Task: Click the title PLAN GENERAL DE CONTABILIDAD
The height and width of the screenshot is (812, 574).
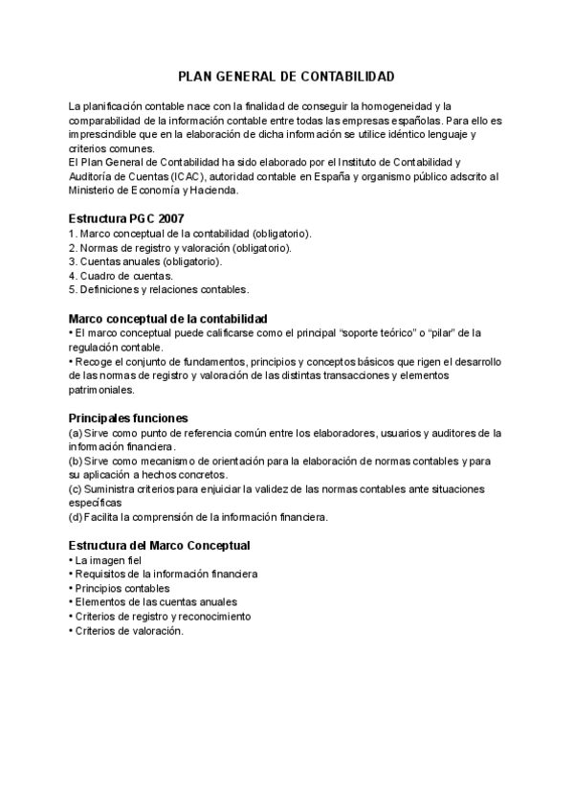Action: click(286, 76)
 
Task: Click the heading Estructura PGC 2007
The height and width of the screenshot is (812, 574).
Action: click(126, 218)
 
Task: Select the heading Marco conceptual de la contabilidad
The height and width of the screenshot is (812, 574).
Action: click(167, 318)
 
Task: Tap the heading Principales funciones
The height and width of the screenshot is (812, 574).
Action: click(128, 417)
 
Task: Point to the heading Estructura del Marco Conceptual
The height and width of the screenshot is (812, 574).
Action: click(160, 545)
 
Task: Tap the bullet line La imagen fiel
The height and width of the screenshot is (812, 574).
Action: click(107, 559)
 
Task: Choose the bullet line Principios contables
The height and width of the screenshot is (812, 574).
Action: click(121, 588)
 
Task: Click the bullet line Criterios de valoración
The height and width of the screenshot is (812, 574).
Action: click(127, 631)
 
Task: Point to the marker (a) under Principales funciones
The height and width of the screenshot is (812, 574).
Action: click(76, 433)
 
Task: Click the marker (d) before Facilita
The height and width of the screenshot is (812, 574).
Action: click(76, 517)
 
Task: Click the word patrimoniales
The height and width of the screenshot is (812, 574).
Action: click(101, 390)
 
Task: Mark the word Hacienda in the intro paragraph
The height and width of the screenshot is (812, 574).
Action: click(210, 191)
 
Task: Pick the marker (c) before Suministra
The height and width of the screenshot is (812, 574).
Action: click(76, 489)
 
